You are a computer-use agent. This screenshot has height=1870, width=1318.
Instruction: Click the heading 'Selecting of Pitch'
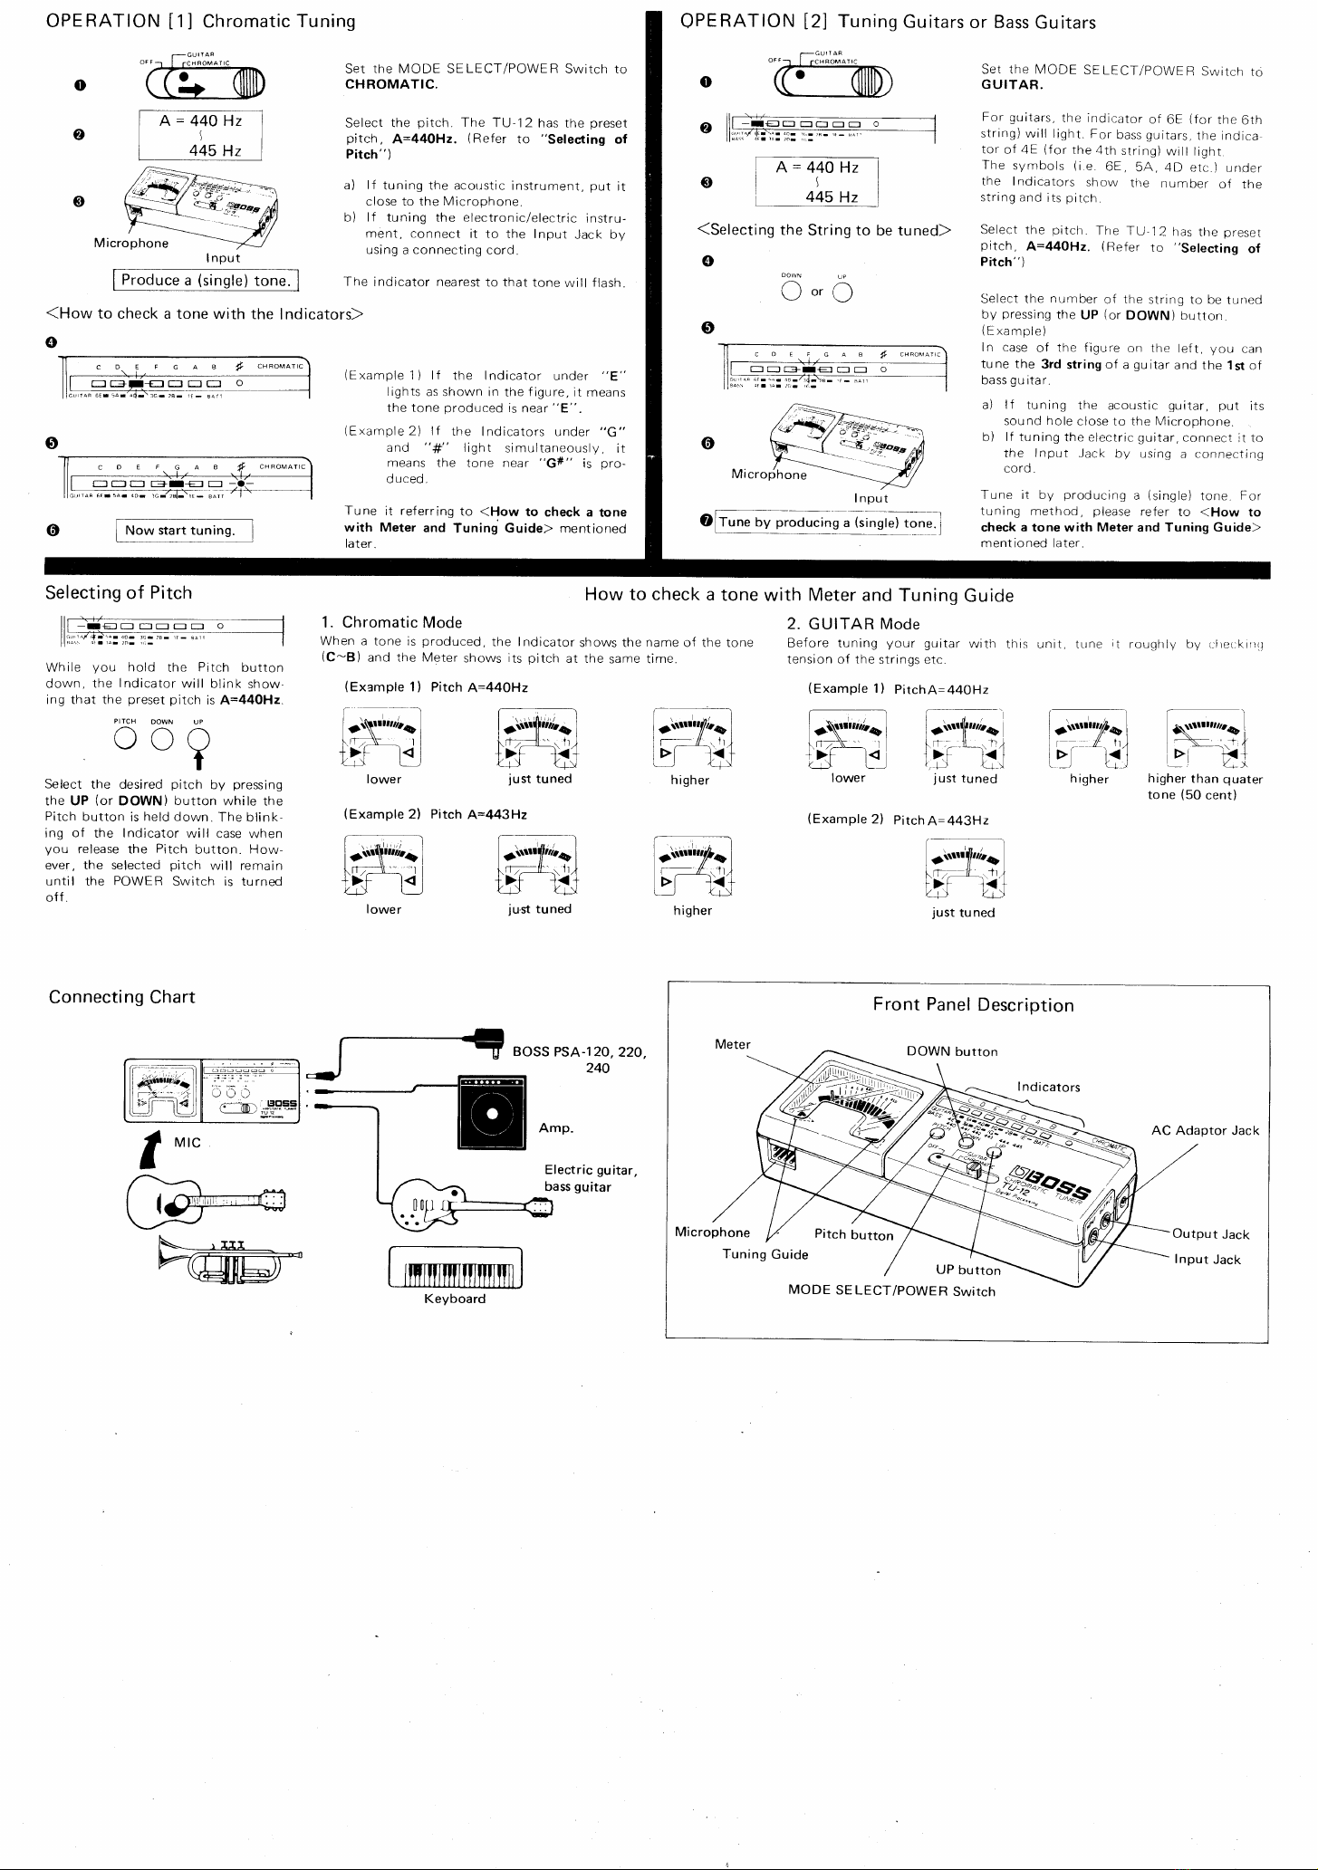pos(120,593)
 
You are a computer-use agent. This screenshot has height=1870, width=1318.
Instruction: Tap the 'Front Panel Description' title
pos(973,1005)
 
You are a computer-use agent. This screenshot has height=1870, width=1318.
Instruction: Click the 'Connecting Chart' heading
pos(121,997)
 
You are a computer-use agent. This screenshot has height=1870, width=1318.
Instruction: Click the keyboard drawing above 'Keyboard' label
pos(455,1268)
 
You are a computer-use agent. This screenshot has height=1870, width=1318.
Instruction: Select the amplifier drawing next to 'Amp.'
pos(492,1114)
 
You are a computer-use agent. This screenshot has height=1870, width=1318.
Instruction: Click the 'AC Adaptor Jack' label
pos(1205,1130)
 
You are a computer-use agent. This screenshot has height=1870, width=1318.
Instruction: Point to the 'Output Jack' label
pos(1210,1234)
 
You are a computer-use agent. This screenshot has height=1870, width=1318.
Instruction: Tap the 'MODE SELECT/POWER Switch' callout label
pos(891,1291)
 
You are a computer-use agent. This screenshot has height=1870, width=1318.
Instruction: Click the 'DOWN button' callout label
pos(952,1051)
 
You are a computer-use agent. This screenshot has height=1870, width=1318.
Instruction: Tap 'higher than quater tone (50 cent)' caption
pos(1204,787)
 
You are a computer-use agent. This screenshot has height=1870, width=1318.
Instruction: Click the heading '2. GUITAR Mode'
pos(852,623)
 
